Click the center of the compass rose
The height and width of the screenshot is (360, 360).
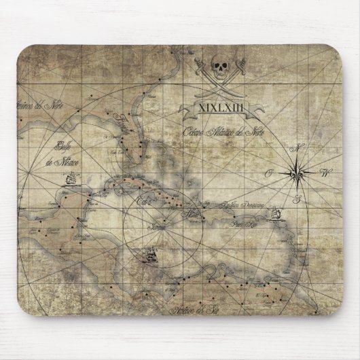point(298,171)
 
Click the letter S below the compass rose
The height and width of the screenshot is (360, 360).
point(298,199)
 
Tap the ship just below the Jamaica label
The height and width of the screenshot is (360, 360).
point(151,257)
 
